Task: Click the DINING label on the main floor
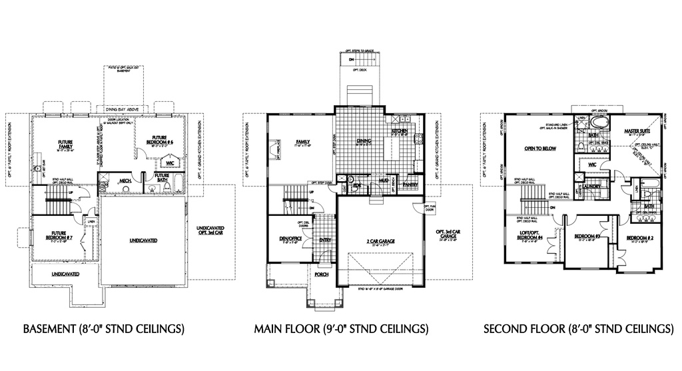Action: [364, 141]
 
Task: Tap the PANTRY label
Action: [410, 185]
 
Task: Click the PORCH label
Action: [322, 274]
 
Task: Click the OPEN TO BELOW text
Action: [539, 149]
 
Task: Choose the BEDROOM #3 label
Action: [588, 236]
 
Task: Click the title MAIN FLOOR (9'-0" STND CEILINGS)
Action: [340, 329]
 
